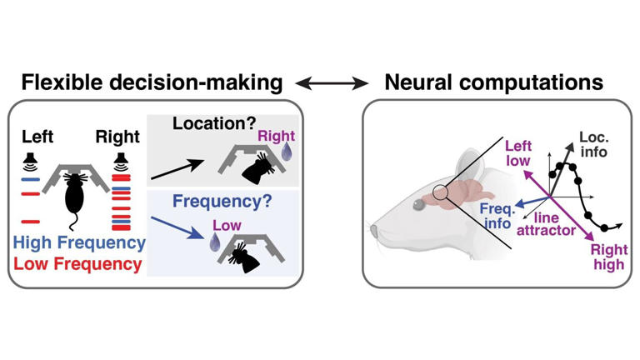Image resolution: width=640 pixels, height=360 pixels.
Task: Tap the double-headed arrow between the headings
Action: point(332,83)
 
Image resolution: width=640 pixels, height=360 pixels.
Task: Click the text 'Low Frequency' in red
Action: point(80,264)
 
